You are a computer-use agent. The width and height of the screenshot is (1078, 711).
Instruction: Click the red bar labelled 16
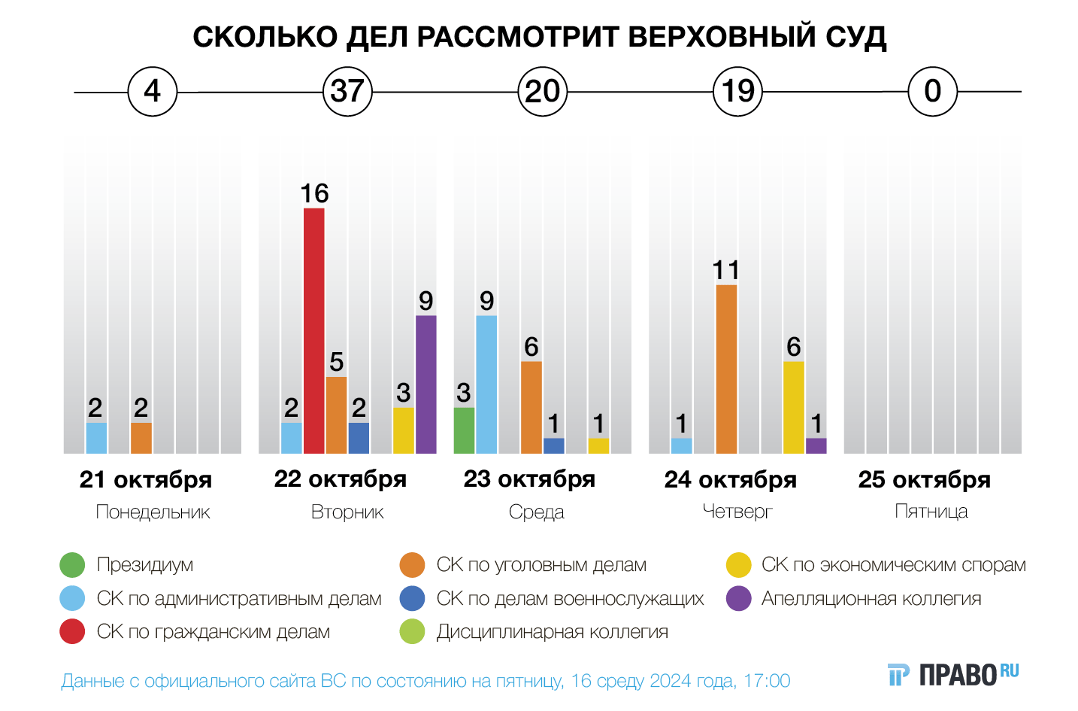[x=314, y=331]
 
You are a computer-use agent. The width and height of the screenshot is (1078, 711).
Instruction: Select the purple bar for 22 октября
[x=426, y=384]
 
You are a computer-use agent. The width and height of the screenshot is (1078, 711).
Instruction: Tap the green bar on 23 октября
[x=464, y=430]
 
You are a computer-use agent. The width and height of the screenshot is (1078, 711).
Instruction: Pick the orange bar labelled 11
[x=726, y=369]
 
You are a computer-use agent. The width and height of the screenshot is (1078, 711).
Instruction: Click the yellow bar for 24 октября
[x=794, y=408]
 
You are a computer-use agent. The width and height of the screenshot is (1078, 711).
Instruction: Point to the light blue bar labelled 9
[x=486, y=384]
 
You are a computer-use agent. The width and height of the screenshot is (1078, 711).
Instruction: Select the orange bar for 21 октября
[x=141, y=438]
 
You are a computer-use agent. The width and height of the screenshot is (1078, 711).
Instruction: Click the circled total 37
[x=347, y=92]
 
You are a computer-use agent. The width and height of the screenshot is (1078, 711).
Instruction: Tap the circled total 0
[x=932, y=92]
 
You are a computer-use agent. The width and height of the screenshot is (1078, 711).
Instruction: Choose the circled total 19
[x=737, y=92]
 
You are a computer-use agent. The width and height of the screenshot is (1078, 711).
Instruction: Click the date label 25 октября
[x=925, y=479]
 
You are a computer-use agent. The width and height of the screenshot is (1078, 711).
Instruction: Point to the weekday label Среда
[x=536, y=512]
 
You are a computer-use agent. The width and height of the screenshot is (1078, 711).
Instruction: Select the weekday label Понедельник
[x=153, y=512]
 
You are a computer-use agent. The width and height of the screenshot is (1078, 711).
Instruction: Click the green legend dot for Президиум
[x=72, y=565]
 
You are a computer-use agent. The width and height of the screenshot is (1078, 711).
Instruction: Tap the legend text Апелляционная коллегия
[x=871, y=599]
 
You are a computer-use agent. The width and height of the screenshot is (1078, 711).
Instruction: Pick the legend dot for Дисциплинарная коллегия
[x=413, y=632]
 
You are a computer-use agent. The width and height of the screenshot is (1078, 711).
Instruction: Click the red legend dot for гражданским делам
[x=72, y=632]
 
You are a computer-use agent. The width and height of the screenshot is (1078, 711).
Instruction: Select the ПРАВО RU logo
[x=953, y=674]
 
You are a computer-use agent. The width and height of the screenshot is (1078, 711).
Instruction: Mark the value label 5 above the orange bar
[x=337, y=363]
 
